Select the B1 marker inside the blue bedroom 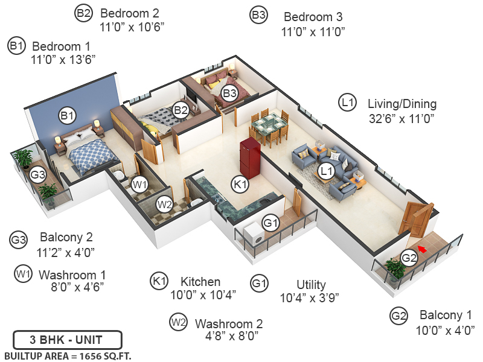coord(66,115)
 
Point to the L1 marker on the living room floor coord(327,172)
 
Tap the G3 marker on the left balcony coord(38,175)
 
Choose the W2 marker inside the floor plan coord(164,204)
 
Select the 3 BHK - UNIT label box coord(68,340)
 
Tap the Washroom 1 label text coord(72,275)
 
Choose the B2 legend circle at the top coord(83,13)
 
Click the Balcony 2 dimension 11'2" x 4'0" coord(66,252)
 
